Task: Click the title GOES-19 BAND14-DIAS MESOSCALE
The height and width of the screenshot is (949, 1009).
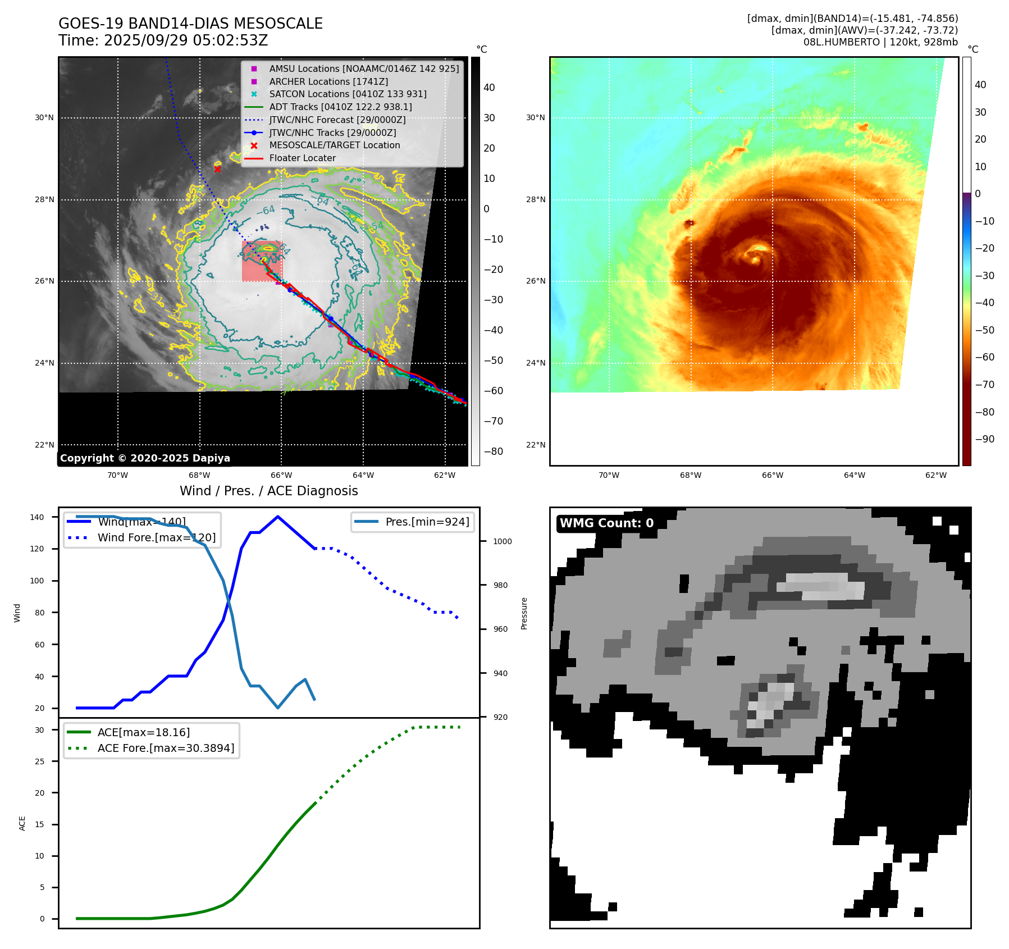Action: [x=190, y=24]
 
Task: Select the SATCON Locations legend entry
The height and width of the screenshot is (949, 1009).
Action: [x=348, y=94]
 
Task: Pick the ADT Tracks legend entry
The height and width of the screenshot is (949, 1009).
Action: [x=340, y=107]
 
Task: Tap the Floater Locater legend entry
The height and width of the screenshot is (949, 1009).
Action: [x=302, y=158]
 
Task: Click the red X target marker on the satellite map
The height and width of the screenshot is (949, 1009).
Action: [x=217, y=169]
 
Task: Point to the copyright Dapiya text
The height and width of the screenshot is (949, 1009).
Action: [x=145, y=458]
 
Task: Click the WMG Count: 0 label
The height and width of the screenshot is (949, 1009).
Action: [x=606, y=523]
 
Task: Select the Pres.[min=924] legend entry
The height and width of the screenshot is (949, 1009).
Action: [x=427, y=522]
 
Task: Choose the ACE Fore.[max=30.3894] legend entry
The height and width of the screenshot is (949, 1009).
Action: [x=166, y=748]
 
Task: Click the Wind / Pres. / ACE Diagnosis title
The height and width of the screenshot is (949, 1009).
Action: [x=268, y=491]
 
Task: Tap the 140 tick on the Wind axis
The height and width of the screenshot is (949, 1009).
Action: [x=37, y=517]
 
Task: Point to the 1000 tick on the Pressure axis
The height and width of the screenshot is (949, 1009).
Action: [x=502, y=541]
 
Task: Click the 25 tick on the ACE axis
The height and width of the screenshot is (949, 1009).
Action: [x=40, y=761]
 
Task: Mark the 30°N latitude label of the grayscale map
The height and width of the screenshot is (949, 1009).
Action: [x=44, y=118]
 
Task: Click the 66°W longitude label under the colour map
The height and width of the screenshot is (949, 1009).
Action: [x=772, y=475]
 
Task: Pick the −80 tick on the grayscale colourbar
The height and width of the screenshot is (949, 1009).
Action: [x=494, y=451]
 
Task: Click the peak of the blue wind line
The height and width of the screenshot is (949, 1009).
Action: [x=278, y=517]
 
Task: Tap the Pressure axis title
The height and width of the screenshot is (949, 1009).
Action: [x=524, y=613]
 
